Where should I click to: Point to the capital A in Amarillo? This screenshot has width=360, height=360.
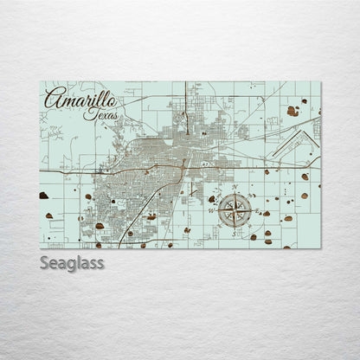[x=53, y=97]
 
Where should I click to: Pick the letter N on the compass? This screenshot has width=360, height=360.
[x=235, y=188]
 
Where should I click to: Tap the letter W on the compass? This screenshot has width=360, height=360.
[x=212, y=210]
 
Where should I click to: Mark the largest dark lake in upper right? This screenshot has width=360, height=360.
[x=293, y=111]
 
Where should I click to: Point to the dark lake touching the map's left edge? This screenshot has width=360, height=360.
[x=44, y=196]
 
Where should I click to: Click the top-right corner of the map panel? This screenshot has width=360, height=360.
[x=320, y=82]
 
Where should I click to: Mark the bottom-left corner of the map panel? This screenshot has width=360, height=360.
[x=41, y=248]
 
